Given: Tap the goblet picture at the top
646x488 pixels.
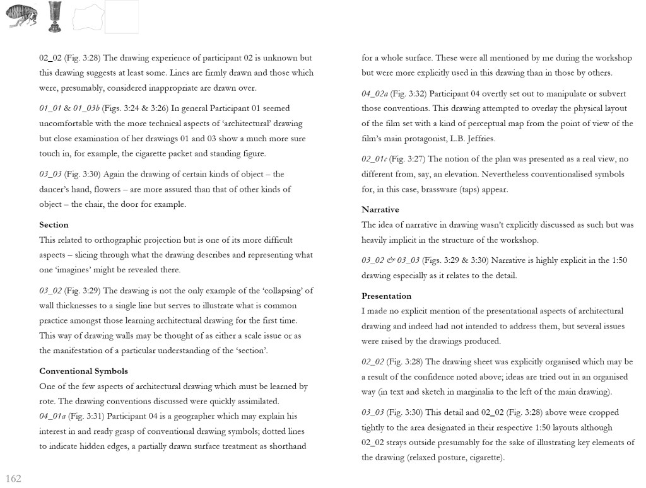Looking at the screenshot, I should tap(55, 16).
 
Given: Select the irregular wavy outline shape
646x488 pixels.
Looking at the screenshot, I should tap(88, 18).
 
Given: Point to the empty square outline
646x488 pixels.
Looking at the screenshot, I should tap(121, 17).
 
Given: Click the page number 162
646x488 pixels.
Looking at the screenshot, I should tap(13, 479).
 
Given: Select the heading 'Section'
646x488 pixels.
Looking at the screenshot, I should tap(54, 225).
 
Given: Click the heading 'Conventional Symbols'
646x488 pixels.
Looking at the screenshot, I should tap(83, 371).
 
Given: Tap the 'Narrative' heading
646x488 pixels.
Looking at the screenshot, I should tap(380, 210).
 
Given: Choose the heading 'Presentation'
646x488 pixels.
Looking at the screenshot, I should tap(386, 296).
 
